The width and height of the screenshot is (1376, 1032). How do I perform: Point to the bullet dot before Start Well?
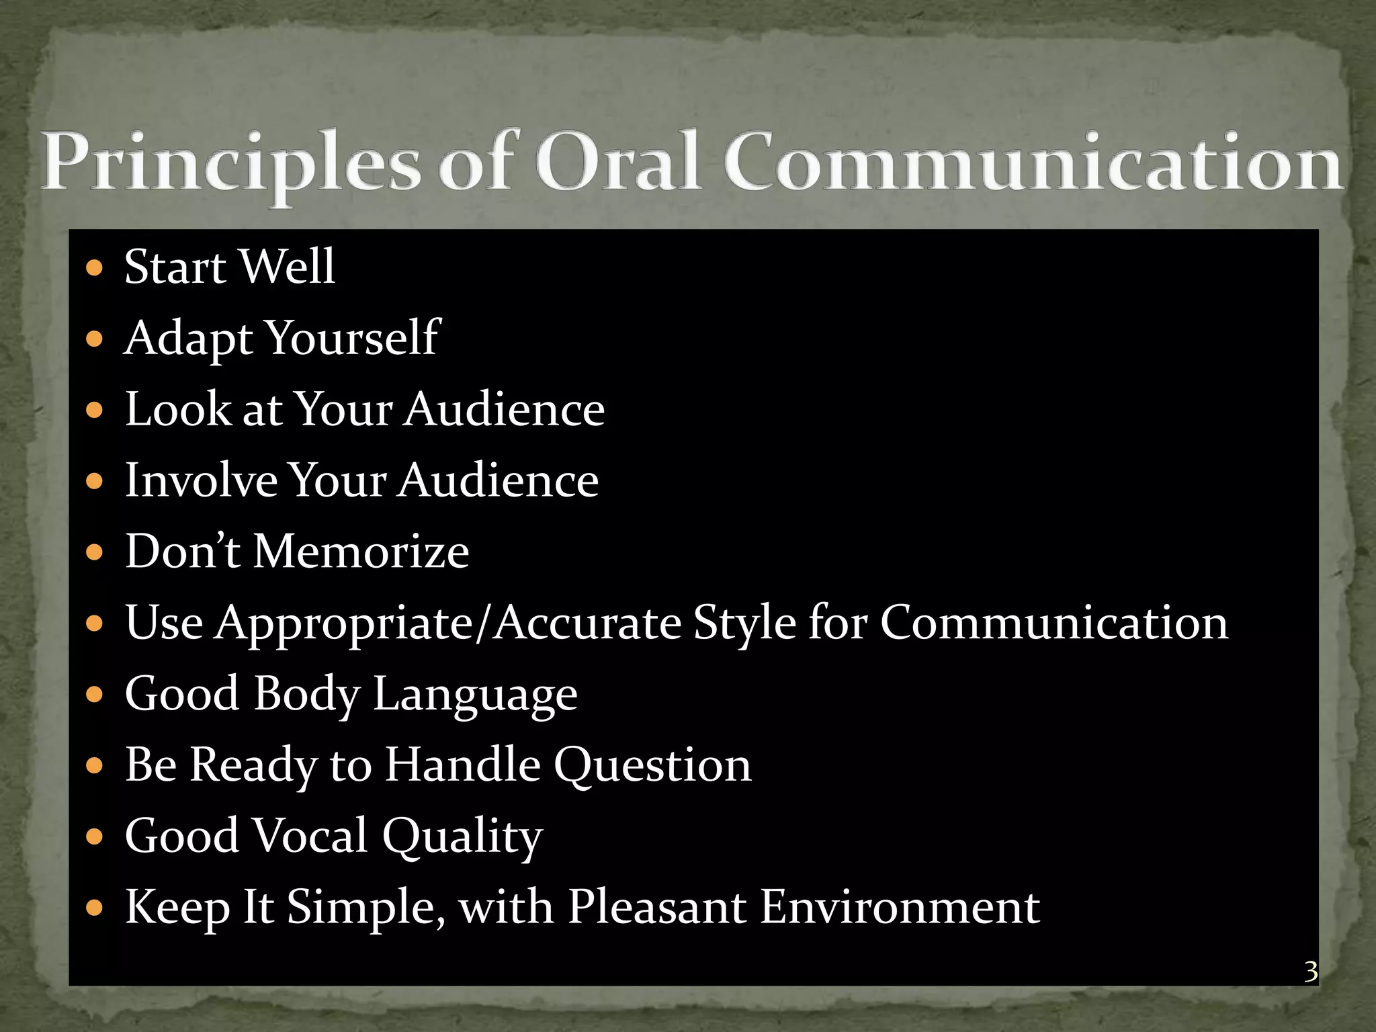click(x=95, y=268)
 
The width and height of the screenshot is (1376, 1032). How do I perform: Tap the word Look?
click(x=178, y=409)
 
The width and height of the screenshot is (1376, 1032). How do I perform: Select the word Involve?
click(x=201, y=480)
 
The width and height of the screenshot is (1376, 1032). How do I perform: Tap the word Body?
click(x=306, y=694)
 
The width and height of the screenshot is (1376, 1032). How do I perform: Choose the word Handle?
click(x=462, y=765)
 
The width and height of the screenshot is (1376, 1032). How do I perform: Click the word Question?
click(x=652, y=765)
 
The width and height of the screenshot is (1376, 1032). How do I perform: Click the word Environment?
click(x=900, y=908)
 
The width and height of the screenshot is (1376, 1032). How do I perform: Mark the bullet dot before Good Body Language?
click(x=95, y=694)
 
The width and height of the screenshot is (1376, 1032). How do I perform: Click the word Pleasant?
click(x=657, y=908)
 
